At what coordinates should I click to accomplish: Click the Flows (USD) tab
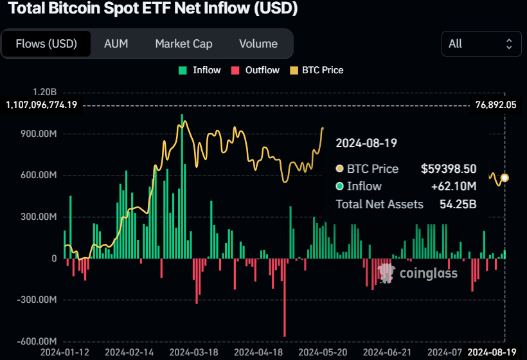(x=46, y=44)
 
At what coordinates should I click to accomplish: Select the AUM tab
(x=116, y=44)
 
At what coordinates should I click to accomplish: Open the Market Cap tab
(x=184, y=44)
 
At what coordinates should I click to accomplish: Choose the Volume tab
(x=258, y=44)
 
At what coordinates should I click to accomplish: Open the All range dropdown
(x=481, y=44)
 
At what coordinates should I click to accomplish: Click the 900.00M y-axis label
(x=39, y=134)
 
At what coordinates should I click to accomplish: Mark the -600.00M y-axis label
(x=37, y=341)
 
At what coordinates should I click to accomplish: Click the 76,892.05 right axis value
(x=496, y=104)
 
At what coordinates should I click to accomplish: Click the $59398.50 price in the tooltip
(x=449, y=169)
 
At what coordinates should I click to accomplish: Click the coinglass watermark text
(x=429, y=273)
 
